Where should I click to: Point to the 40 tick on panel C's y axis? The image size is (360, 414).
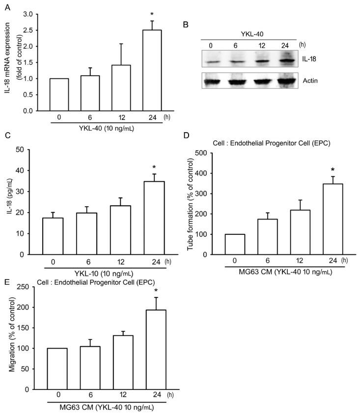point(32,170)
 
